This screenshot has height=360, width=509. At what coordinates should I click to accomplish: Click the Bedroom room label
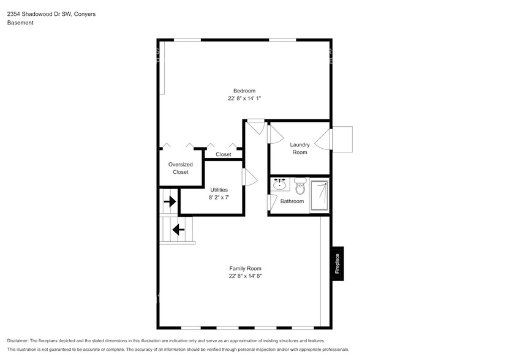[244, 91]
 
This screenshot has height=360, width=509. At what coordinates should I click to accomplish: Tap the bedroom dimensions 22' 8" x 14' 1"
[244, 99]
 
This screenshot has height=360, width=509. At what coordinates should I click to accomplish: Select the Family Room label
[244, 268]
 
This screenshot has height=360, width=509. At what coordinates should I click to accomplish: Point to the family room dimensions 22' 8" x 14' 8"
[244, 276]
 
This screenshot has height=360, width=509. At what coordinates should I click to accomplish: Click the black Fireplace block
[337, 263]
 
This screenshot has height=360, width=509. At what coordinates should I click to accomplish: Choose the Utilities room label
[219, 190]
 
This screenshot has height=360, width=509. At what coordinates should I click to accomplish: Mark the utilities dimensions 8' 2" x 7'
[219, 198]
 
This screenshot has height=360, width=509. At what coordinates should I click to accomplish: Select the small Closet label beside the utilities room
[224, 154]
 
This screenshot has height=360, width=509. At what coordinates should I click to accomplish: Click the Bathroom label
[292, 201]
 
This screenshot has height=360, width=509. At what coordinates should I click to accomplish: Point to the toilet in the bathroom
[300, 186]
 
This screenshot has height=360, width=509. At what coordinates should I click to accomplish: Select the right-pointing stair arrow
[170, 201]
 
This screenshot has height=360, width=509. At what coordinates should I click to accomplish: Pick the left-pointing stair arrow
[178, 230]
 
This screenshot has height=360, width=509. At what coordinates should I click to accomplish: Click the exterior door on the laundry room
[341, 140]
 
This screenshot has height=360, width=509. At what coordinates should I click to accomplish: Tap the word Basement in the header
[20, 23]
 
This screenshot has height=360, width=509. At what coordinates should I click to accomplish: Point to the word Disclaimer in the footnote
[18, 340]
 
